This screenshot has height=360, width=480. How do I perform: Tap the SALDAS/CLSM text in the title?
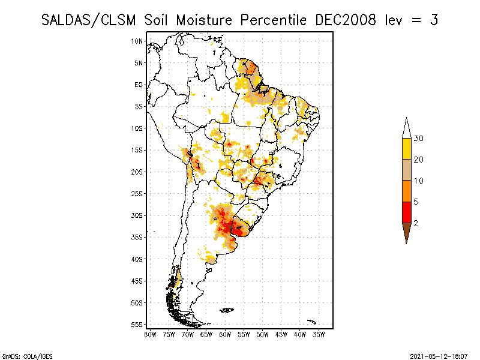pyautogui.click(x=92, y=20)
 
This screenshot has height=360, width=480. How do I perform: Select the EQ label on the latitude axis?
pyautogui.click(x=138, y=85)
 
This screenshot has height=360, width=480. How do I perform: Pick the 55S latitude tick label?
pyautogui.click(x=137, y=324)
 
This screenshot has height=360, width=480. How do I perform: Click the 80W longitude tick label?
pyautogui.click(x=150, y=335)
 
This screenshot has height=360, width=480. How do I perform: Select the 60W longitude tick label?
pyautogui.click(x=225, y=335)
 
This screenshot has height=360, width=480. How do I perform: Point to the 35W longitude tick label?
pyautogui.click(x=319, y=335)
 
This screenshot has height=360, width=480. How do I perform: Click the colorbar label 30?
pyautogui.click(x=419, y=139)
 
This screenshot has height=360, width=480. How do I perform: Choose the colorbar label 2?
pyautogui.click(x=416, y=223)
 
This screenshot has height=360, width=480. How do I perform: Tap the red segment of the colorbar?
pyautogui.click(x=407, y=212)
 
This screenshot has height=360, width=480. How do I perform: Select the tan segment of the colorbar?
pyautogui.click(x=407, y=170)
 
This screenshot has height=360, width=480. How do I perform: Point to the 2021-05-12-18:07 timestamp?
pyautogui.click(x=439, y=356)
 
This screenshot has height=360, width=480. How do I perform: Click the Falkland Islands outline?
pyautogui.click(x=227, y=310)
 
